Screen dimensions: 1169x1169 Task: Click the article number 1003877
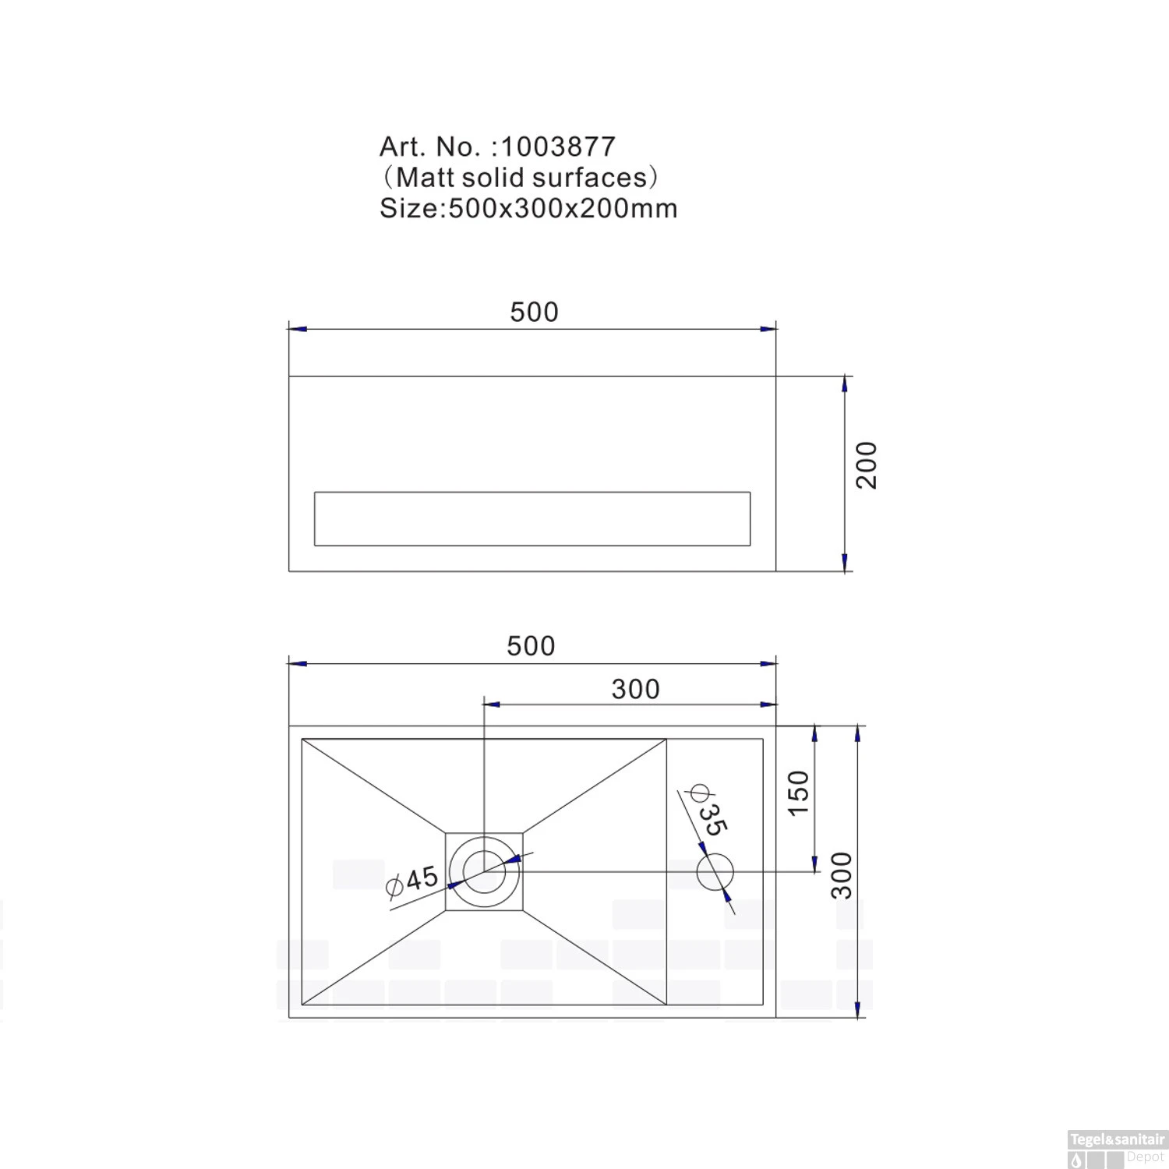[558, 147]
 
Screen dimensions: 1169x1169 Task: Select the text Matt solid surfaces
[521, 178]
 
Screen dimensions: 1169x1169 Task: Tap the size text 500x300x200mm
[563, 209]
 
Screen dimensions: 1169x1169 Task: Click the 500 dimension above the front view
[534, 312]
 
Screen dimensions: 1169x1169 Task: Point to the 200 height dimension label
[867, 465]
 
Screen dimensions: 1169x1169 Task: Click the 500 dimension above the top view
[531, 645]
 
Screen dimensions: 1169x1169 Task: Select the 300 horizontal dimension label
[635, 689]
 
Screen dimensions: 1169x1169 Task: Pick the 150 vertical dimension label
[799, 793]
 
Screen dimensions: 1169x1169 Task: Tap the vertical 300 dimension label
[842, 875]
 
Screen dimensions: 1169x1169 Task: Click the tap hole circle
[715, 871]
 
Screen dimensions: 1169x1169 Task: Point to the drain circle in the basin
[485, 871]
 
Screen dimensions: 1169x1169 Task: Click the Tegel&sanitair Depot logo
[1116, 1149]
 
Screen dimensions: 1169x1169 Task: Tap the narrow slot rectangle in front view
[532, 518]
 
